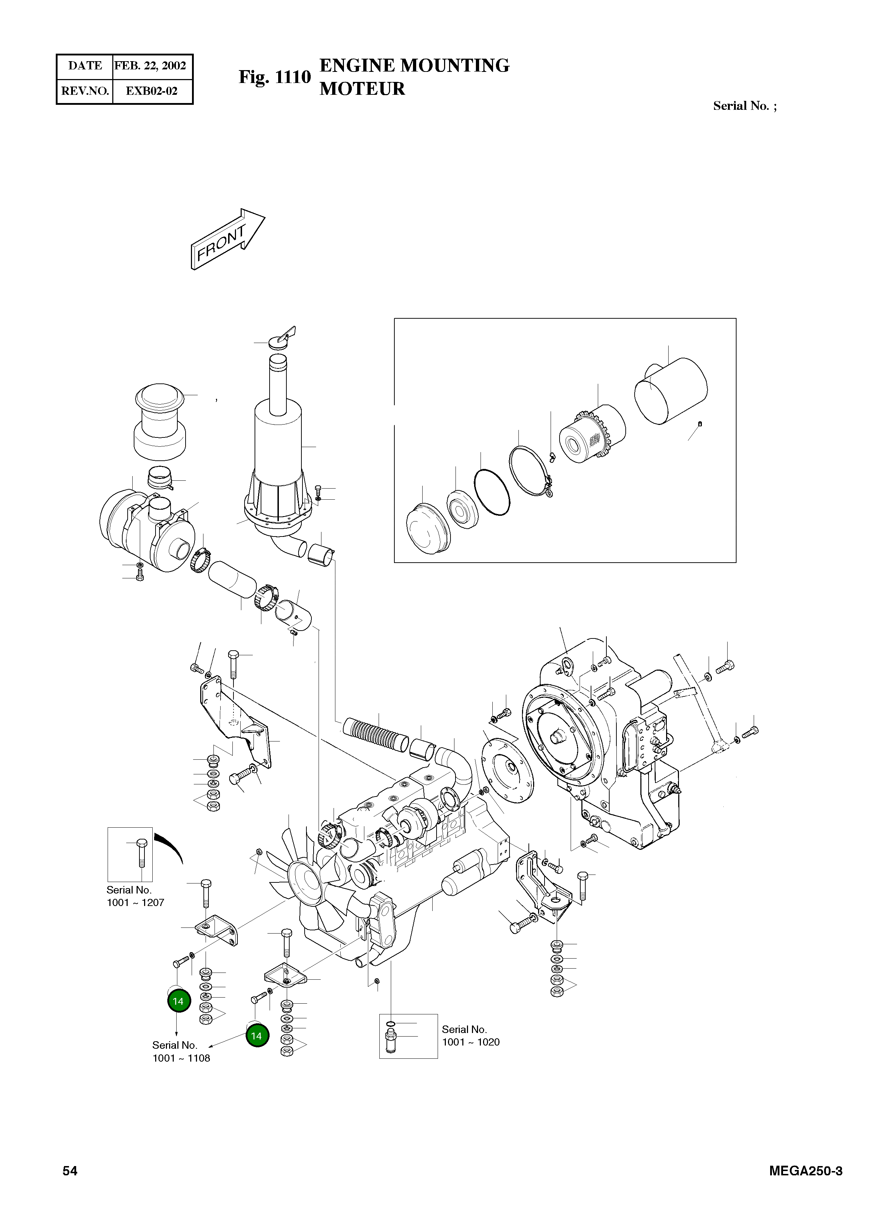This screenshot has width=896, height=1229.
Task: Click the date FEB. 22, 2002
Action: point(150,66)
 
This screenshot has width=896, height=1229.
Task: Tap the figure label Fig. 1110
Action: point(275,77)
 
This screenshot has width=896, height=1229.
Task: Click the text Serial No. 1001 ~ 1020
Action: point(470,1035)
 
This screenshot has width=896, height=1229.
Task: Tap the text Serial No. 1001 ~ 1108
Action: point(181,1051)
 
